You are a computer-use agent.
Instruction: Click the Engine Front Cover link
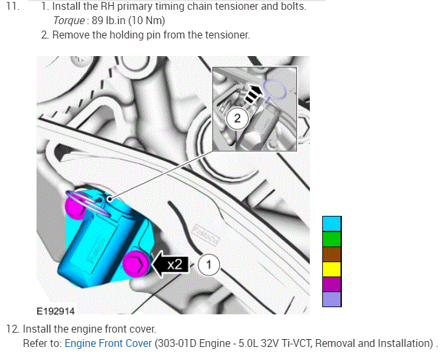108,343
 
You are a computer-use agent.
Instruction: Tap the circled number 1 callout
209,265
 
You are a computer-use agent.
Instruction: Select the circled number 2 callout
237,119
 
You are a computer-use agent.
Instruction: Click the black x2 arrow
170,264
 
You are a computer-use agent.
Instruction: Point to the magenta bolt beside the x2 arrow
136,264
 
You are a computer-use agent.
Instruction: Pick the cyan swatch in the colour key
332,224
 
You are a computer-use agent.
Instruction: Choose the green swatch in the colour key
332,239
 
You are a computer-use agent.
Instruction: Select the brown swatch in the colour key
332,254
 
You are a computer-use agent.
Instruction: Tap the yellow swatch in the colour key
332,269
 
